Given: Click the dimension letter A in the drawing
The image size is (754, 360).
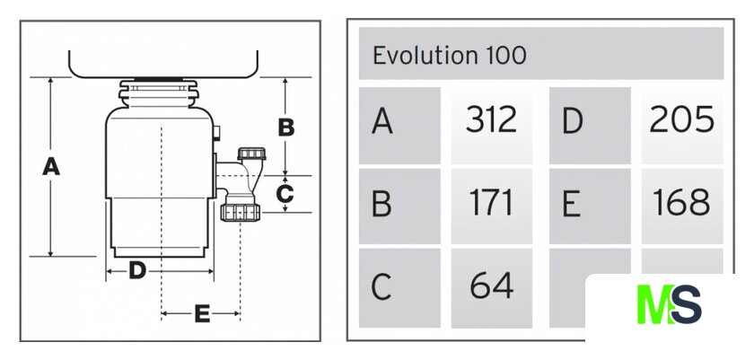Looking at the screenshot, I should pos(51,166).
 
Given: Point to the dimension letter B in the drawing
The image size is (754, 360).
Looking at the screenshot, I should pos(285,127).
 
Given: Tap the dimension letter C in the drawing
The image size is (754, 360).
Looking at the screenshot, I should pos(285,193).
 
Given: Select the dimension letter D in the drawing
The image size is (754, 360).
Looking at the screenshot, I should pos(136,269).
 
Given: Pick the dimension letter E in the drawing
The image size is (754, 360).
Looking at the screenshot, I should pos(202,313).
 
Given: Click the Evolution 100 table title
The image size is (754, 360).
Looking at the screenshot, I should pos(450,56).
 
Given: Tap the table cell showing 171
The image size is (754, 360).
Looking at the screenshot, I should pos(491,204).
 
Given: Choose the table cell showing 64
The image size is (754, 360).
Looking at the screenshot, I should pos(491,286).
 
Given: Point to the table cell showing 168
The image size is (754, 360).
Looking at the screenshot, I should pos(681,204).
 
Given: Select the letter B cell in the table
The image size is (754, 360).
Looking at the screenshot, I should pos(399,205).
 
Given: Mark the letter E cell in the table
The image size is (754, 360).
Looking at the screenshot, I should pos(589,205).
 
